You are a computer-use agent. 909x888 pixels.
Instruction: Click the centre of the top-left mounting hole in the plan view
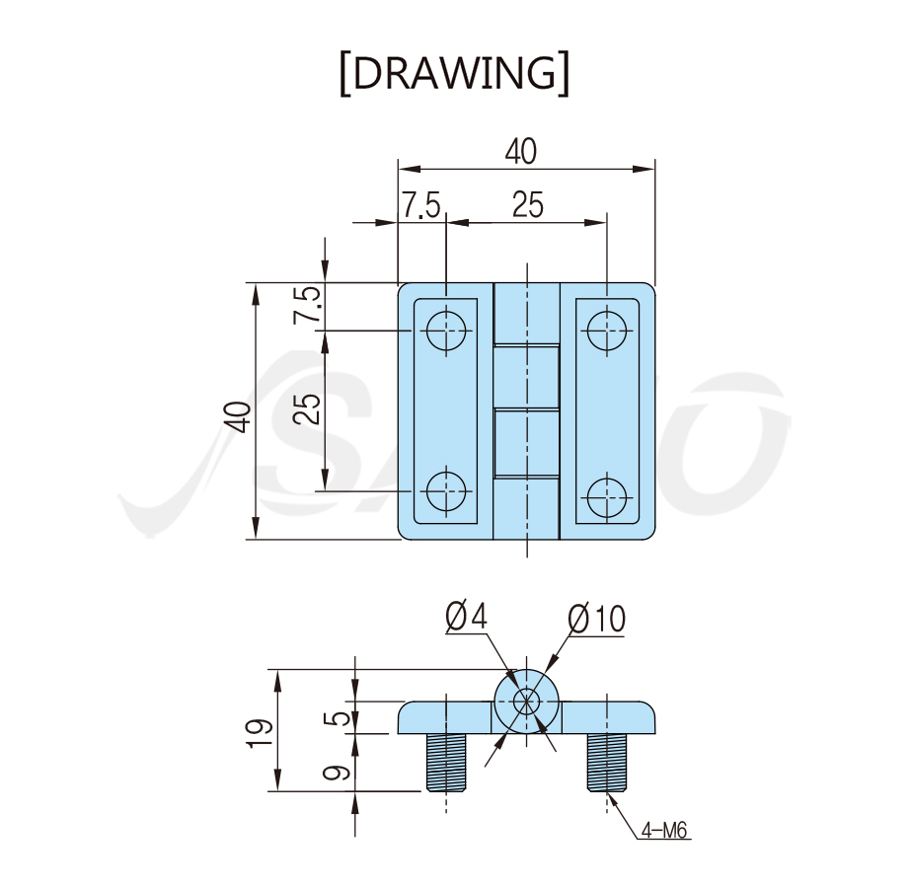[x=446, y=331]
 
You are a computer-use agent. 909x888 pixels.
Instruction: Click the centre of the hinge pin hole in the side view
[x=526, y=702]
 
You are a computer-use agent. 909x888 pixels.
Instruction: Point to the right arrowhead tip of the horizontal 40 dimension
[x=654, y=169]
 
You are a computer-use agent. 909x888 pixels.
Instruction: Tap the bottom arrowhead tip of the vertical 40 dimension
[x=255, y=539]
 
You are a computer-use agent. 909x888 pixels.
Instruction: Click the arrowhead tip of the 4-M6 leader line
[x=608, y=791]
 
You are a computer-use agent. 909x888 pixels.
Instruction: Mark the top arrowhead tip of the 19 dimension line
[x=277, y=669]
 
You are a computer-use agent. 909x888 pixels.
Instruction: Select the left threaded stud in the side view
[x=446, y=763]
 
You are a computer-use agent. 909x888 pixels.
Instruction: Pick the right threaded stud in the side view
[x=607, y=763]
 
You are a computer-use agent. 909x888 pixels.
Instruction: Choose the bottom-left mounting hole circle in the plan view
[x=446, y=491]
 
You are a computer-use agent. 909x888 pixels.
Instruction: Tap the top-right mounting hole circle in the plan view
[x=607, y=331]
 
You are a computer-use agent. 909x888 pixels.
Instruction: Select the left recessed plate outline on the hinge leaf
[x=446, y=411]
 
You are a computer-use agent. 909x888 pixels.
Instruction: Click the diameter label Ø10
[x=596, y=619]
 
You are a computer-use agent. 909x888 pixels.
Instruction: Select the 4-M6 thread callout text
[x=664, y=831]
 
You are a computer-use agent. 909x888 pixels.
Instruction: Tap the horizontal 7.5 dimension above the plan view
[x=421, y=205]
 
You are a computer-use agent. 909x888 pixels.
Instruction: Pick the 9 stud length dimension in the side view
[x=338, y=773]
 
